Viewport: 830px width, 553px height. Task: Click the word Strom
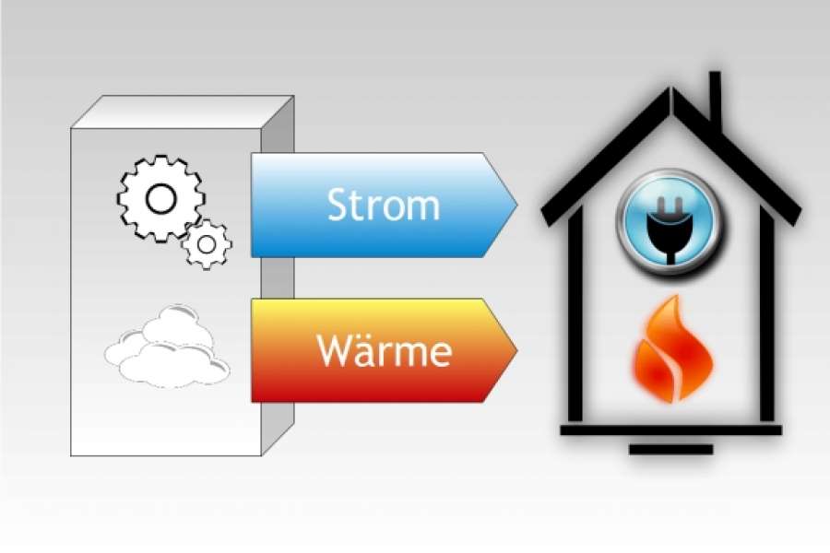(x=384, y=205)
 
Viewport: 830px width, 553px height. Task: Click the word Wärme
(x=385, y=350)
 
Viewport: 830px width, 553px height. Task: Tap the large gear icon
(x=160, y=198)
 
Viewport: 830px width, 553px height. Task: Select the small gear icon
(x=207, y=244)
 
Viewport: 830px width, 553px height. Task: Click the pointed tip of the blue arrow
(x=516, y=206)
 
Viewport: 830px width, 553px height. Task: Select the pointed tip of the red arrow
(x=516, y=350)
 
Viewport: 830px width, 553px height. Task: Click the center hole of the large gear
(x=160, y=199)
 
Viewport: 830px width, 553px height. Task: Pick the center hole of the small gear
(x=207, y=244)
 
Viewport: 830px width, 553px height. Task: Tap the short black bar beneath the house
(x=670, y=449)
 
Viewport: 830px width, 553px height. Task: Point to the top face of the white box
(x=182, y=112)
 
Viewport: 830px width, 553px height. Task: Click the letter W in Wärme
(x=333, y=350)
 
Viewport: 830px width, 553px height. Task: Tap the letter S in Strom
(x=338, y=205)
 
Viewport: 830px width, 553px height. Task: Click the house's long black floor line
(x=670, y=430)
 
